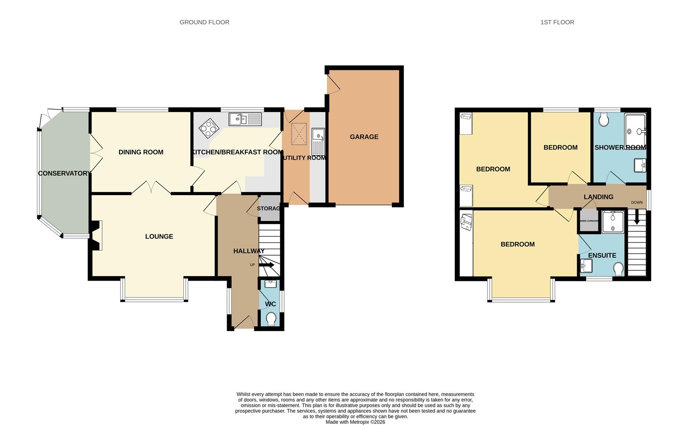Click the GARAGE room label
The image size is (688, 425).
pyautogui.click(x=364, y=137)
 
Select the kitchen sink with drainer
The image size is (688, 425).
pyautogui.click(x=245, y=119)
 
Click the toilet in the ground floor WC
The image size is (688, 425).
pyautogui.click(x=271, y=319)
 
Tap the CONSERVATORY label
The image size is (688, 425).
pyautogui.click(x=64, y=174)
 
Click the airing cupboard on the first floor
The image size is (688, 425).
pyautogui.click(x=589, y=221)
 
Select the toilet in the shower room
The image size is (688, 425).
pyautogui.click(x=604, y=119)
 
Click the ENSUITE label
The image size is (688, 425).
pyautogui.click(x=602, y=256)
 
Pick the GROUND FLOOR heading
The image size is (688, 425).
pyautogui.click(x=204, y=22)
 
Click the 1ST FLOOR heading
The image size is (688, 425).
pyautogui.click(x=557, y=22)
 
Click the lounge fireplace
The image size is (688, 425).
pyautogui.click(x=96, y=235)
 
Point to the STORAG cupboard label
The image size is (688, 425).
pyautogui.click(x=269, y=209)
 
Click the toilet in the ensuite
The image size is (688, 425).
pyautogui.click(x=618, y=269)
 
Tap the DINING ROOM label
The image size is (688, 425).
pyautogui.click(x=141, y=152)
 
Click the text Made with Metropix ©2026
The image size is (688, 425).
pyautogui.click(x=355, y=422)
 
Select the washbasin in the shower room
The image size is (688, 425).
pyautogui.click(x=640, y=165)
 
